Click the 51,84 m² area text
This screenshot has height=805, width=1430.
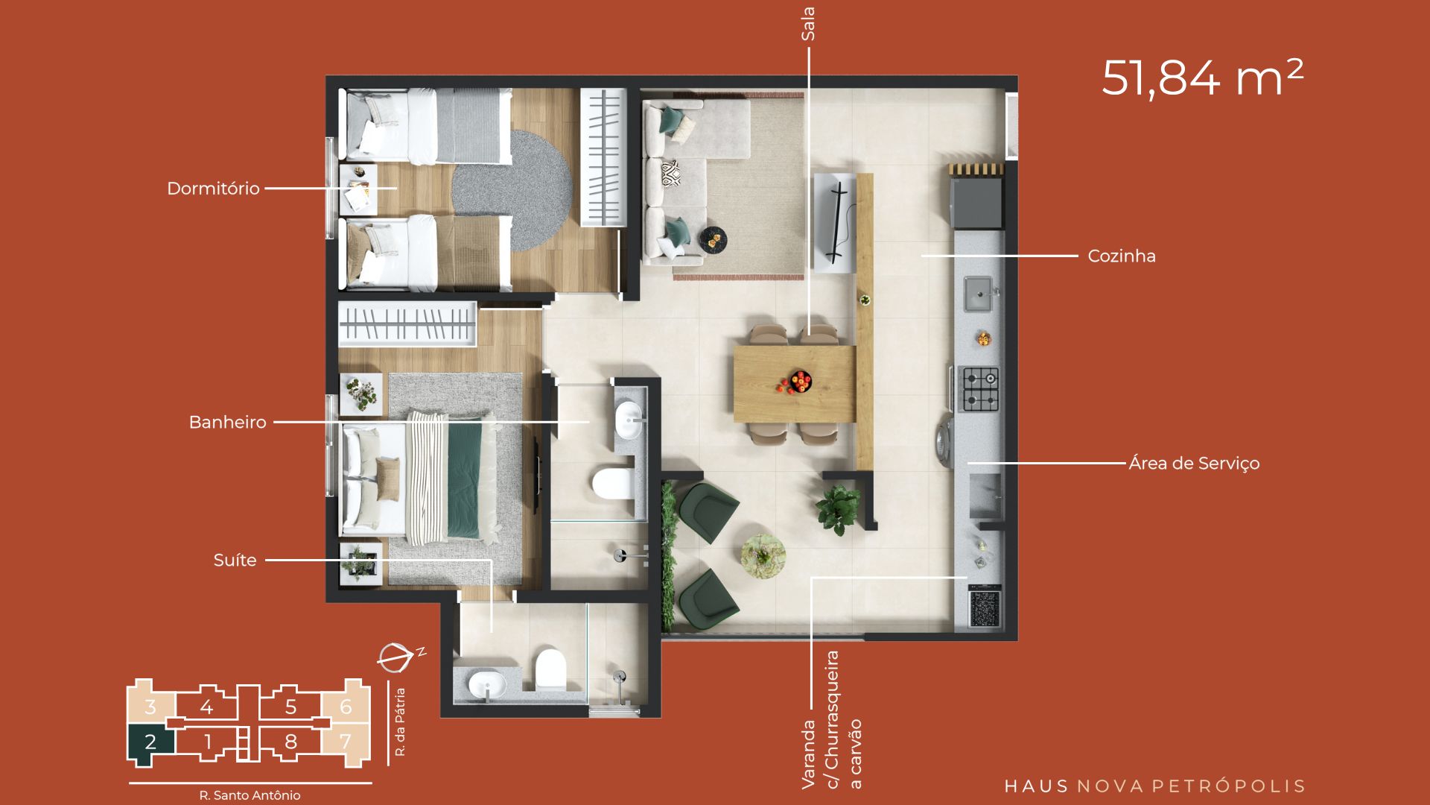coord(1202,78)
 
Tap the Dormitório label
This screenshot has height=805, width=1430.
coord(213,189)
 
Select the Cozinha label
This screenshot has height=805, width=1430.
coord(1122,256)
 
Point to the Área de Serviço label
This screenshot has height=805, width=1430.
coord(1194,464)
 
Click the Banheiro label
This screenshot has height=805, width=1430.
coord(227,423)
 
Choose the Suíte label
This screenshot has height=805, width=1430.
coord(235,561)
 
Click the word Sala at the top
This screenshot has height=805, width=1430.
coord(808,24)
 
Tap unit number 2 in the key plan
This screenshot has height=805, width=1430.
coord(150,742)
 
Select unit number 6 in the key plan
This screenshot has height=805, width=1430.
coord(346,707)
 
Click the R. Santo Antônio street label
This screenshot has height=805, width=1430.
coord(250,795)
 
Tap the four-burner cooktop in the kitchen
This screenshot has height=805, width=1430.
coord(980,388)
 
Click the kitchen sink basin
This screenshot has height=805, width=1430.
coord(979,294)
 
